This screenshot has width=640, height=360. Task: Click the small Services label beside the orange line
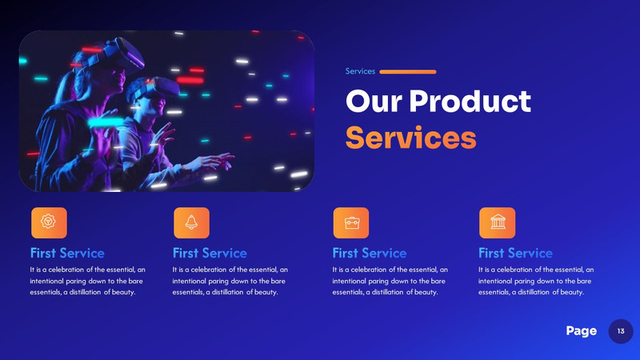click(360, 71)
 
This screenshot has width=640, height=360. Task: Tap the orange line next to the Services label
click(407, 72)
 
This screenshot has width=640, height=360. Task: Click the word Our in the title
click(372, 102)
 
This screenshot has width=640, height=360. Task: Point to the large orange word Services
click(410, 137)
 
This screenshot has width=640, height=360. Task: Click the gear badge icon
click(48, 222)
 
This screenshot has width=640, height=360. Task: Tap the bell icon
click(191, 222)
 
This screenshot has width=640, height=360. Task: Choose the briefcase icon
click(350, 222)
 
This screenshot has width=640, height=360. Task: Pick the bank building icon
click(497, 222)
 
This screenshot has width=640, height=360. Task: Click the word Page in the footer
click(581, 331)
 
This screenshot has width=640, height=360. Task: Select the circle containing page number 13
click(621, 331)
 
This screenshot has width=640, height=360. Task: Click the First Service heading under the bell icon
click(210, 254)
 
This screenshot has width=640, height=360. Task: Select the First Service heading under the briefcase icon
click(369, 254)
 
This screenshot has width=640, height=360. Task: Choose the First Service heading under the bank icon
click(515, 254)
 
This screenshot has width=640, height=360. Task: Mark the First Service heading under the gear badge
click(66, 254)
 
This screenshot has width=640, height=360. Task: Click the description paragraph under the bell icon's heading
click(230, 281)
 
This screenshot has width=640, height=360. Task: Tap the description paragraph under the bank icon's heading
click(536, 281)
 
